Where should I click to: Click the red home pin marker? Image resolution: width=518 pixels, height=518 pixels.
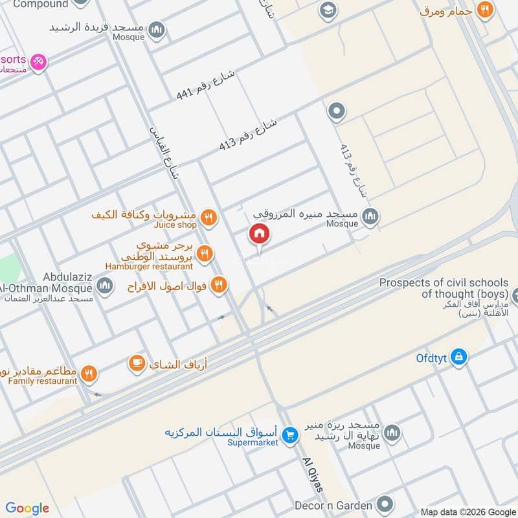[258, 234]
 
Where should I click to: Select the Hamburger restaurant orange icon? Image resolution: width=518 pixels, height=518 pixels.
[205, 253]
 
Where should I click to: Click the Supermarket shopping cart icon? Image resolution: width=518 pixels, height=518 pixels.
[290, 434]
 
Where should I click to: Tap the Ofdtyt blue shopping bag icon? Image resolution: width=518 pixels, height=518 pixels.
[458, 357]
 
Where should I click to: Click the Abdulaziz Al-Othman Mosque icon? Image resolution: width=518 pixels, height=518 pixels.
[105, 285]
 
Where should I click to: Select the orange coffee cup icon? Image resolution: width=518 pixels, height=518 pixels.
[137, 364]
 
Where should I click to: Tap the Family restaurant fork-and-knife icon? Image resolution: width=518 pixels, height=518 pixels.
[89, 374]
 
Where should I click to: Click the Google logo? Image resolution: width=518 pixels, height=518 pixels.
[27, 508]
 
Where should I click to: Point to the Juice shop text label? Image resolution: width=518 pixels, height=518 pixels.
[175, 225]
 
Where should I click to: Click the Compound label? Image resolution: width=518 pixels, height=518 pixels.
[40, 4]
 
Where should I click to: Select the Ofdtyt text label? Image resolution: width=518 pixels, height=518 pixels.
[433, 357]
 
